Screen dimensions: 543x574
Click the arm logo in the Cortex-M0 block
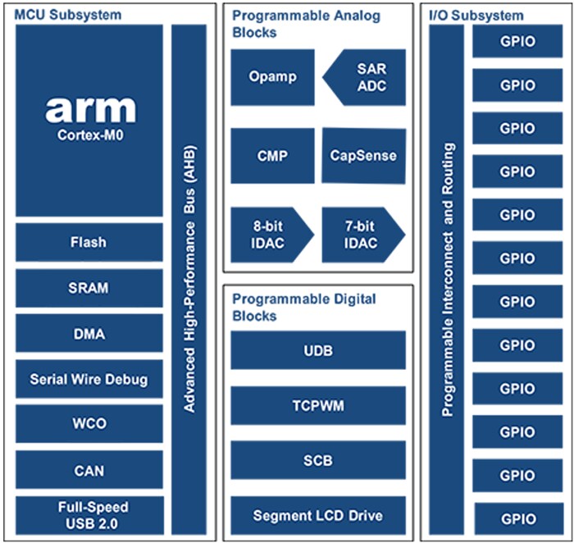click(x=89, y=109)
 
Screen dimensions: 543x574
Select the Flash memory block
click(x=89, y=243)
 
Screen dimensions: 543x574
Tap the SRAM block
click(x=89, y=289)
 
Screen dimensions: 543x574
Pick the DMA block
click(x=89, y=335)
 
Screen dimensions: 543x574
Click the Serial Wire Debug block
click(x=89, y=380)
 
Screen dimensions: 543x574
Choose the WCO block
click(x=89, y=425)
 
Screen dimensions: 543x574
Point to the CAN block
click(x=89, y=471)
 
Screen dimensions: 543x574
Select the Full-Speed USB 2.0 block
click(x=89, y=515)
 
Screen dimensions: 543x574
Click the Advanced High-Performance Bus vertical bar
click(x=189, y=279)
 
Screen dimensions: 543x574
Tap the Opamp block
click(x=272, y=77)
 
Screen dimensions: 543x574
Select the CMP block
click(x=272, y=155)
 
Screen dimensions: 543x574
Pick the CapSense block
click(x=363, y=155)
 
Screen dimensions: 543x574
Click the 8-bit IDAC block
click(x=271, y=234)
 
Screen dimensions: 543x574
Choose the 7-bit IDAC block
click(x=362, y=234)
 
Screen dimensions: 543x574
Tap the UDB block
click(x=318, y=350)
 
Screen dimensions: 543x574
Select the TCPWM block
click(x=318, y=405)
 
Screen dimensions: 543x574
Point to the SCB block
click(x=318, y=460)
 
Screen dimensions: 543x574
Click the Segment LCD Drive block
click(x=318, y=516)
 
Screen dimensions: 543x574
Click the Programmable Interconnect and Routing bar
click(x=447, y=279)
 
